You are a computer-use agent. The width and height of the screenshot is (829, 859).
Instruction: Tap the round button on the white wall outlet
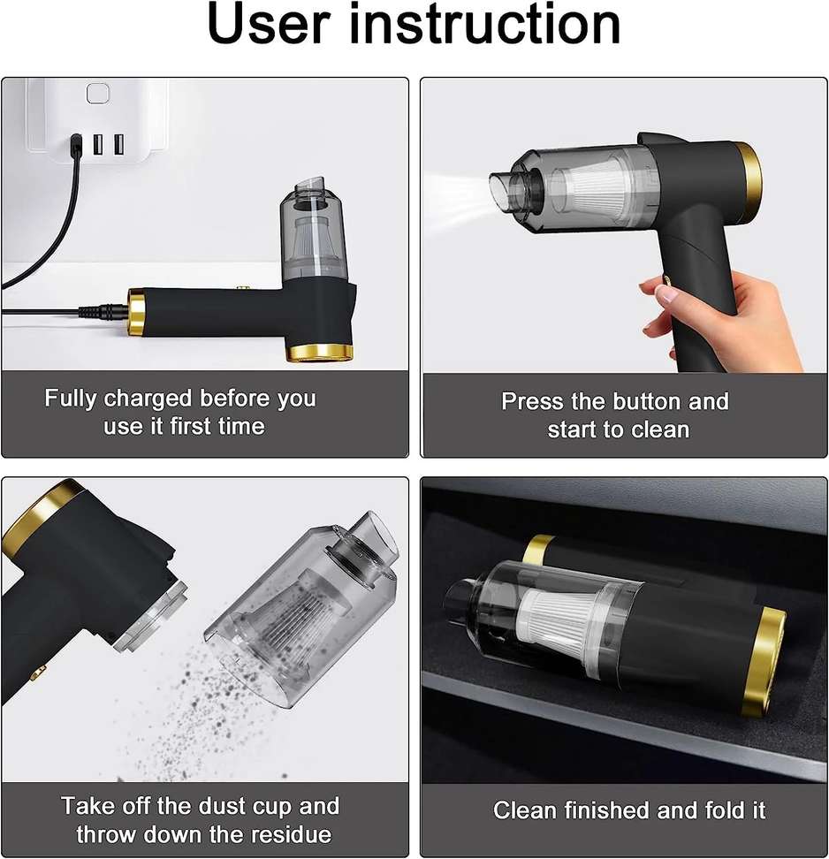click(x=97, y=93)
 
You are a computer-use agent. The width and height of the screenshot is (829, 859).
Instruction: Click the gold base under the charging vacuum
click(x=320, y=352)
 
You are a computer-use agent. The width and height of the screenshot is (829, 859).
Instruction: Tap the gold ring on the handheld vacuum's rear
click(x=750, y=173)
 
